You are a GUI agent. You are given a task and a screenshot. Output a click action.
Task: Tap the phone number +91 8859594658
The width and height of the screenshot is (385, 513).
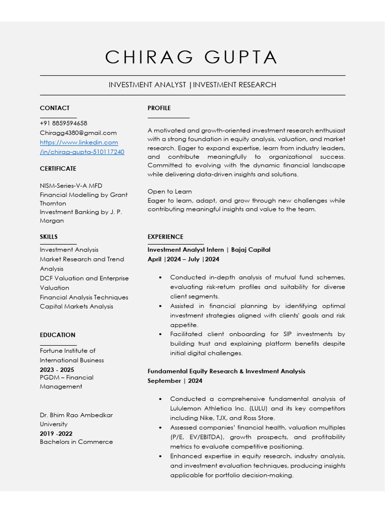click(64, 123)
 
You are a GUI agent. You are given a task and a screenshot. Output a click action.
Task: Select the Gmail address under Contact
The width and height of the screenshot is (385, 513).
click(78, 133)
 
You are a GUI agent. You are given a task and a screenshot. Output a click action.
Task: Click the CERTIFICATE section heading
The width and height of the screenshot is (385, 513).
click(58, 168)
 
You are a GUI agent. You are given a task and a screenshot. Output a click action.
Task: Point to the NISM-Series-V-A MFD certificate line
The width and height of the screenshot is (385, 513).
click(71, 186)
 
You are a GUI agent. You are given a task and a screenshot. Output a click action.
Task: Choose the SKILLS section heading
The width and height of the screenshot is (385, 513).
click(49, 236)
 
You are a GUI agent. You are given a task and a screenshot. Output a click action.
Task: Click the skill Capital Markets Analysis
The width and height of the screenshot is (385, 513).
click(77, 307)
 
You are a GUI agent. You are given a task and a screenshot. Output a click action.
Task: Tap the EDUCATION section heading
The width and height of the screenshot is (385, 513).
click(58, 335)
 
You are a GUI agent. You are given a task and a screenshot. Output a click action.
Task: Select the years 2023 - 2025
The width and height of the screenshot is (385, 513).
click(57, 370)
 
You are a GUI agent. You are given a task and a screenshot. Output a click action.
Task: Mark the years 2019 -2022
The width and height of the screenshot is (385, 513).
click(56, 433)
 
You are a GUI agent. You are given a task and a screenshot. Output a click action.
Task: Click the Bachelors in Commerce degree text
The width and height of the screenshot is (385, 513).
click(76, 442)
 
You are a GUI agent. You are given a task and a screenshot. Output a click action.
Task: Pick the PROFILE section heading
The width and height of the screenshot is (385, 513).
click(159, 108)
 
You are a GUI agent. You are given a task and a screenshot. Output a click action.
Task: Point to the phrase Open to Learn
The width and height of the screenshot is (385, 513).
click(169, 191)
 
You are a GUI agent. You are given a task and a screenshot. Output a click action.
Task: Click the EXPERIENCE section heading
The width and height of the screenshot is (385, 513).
click(165, 236)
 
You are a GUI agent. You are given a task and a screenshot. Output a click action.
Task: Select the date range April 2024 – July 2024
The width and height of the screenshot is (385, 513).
click(183, 259)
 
